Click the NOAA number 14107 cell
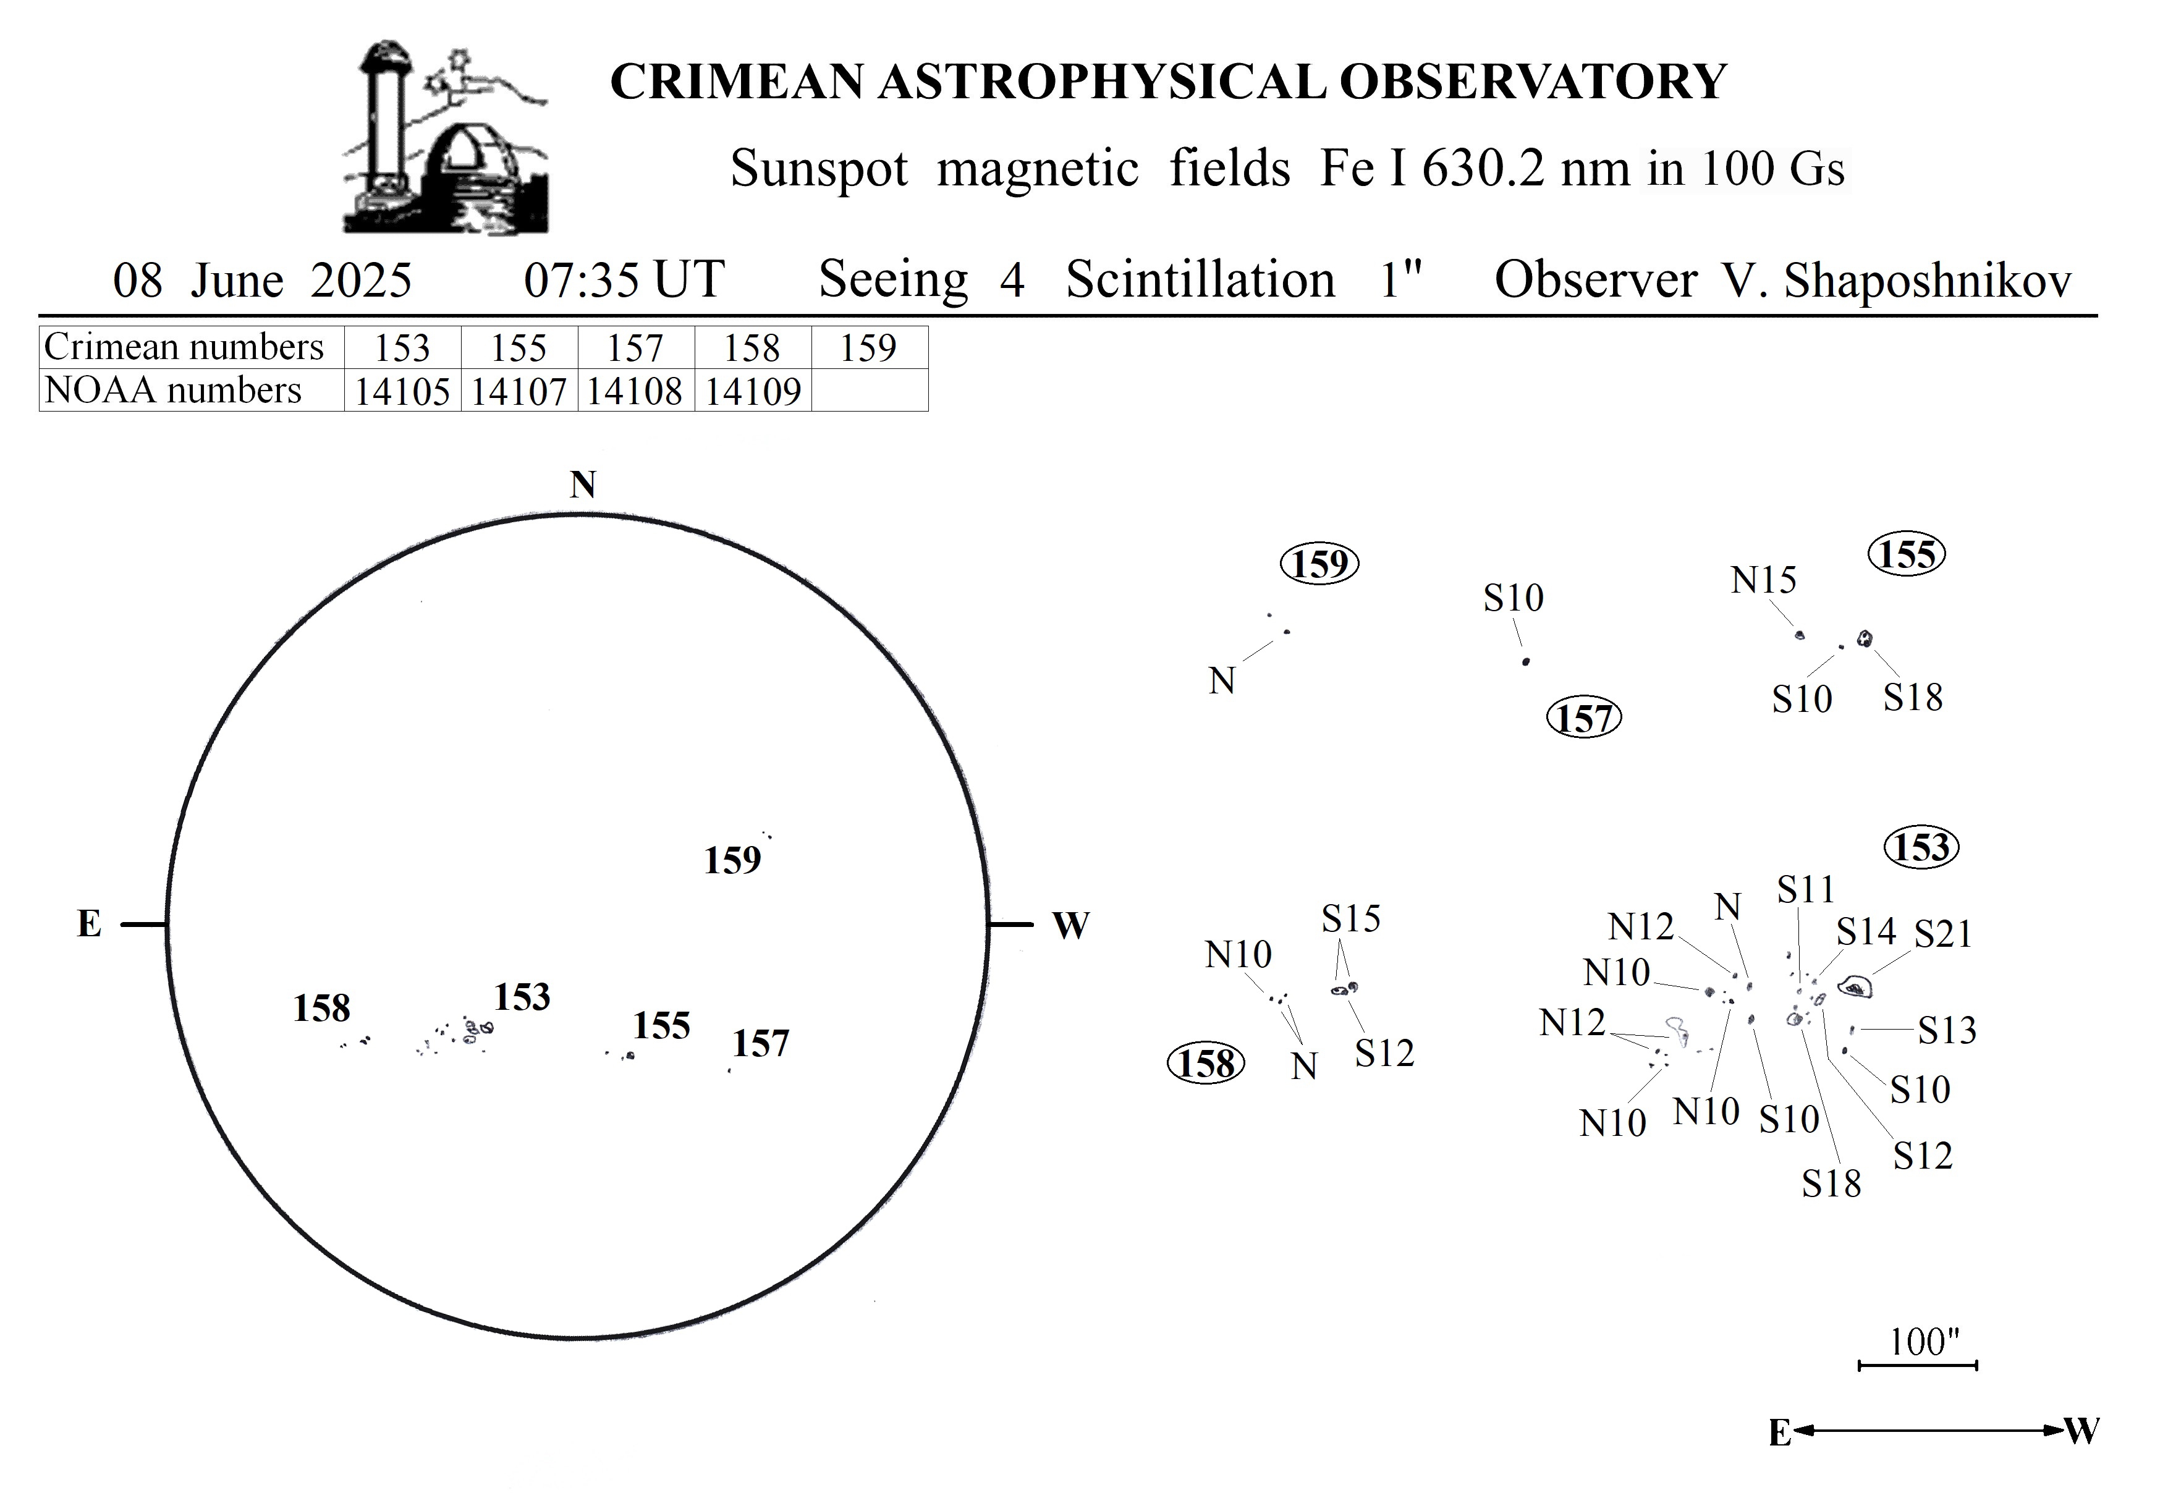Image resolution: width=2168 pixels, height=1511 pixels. coord(519,390)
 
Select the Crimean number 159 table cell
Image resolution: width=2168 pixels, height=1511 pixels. coord(869,347)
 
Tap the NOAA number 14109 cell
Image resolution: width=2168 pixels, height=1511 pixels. coord(753,390)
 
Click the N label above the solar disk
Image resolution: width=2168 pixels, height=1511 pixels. coord(583,485)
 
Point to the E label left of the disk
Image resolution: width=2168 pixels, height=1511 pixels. coord(89,924)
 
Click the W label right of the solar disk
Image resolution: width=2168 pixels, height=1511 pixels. coord(1071,926)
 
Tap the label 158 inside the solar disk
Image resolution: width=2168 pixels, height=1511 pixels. coord(321,1009)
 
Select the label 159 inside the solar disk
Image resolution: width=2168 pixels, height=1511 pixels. coord(732,860)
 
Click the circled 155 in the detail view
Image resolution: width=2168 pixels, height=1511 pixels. coord(1907,554)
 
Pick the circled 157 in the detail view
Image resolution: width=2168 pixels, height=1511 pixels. coord(1583,719)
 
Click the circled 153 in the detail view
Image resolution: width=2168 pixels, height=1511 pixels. coord(1921,847)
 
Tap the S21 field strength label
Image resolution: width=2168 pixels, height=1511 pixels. coord(1943,934)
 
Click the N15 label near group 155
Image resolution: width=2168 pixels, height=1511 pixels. coord(1763,580)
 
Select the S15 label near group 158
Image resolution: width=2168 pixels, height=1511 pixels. coord(1350,918)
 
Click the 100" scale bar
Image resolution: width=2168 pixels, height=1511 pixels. coord(1918,1365)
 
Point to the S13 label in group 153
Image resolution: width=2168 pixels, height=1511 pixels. coord(1947,1030)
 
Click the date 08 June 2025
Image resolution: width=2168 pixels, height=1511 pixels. coord(263,281)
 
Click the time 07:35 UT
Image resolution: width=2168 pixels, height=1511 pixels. coord(624,281)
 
